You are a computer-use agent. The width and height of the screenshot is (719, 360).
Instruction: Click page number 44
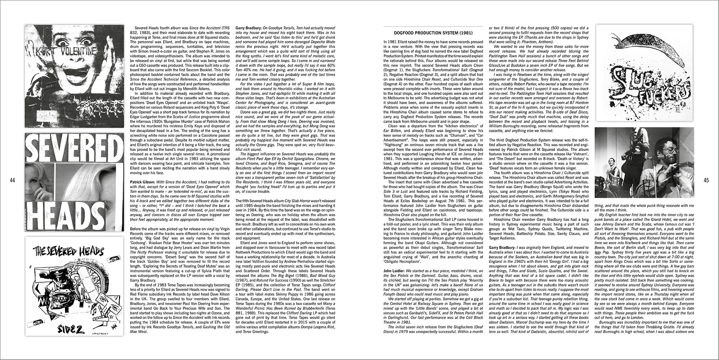(x=12, y=181)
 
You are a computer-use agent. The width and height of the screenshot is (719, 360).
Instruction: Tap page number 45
(x=706, y=181)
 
